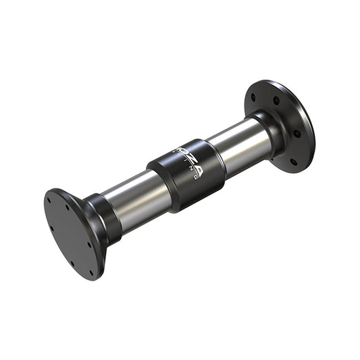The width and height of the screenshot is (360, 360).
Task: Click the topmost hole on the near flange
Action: [51, 199]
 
